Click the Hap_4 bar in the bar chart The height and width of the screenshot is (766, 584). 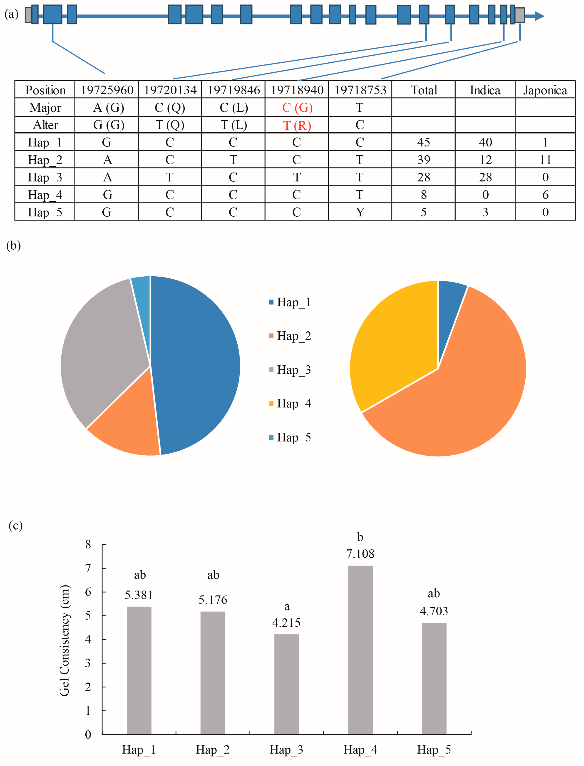click(x=360, y=650)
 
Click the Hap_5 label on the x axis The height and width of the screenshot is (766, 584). click(x=434, y=750)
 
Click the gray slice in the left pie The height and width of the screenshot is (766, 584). click(x=101, y=347)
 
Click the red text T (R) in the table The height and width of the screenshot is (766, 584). click(x=297, y=125)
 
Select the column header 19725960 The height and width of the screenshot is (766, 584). click(x=107, y=90)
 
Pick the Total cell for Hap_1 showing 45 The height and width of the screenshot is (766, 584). click(x=423, y=142)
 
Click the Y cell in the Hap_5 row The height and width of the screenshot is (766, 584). click(x=360, y=212)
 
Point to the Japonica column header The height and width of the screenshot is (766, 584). click(x=545, y=90)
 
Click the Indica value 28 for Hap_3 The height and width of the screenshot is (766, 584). click(x=485, y=177)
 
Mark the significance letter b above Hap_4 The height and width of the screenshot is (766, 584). click(x=360, y=537)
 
